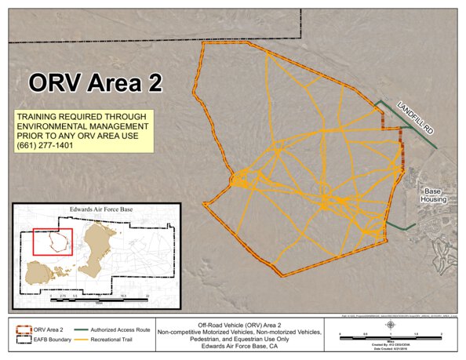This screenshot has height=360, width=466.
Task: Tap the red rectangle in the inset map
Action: [53, 242]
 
